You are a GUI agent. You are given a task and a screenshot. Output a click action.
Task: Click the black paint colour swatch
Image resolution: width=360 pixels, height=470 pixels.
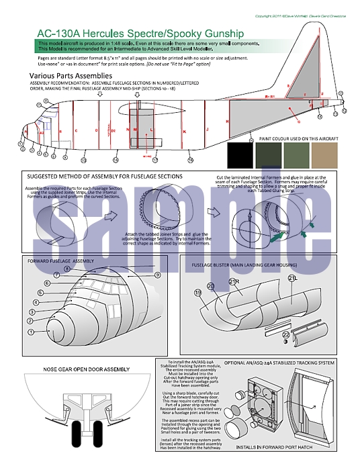pos(242,154)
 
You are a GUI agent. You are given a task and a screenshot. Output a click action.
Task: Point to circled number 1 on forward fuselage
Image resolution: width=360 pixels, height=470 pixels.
pos(30,332)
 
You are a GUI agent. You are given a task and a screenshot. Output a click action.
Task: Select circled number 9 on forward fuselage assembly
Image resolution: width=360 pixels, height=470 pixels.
pos(157,275)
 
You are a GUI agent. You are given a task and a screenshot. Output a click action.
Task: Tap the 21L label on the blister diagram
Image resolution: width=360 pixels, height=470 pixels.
pos(292,277)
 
